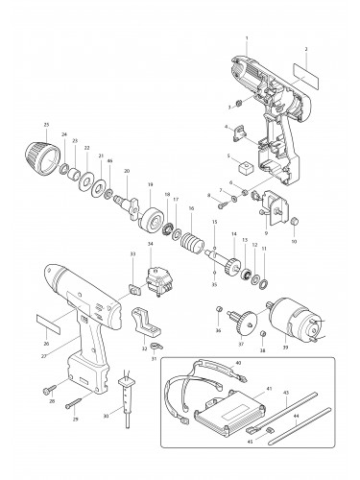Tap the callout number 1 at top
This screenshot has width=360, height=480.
point(247,37)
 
